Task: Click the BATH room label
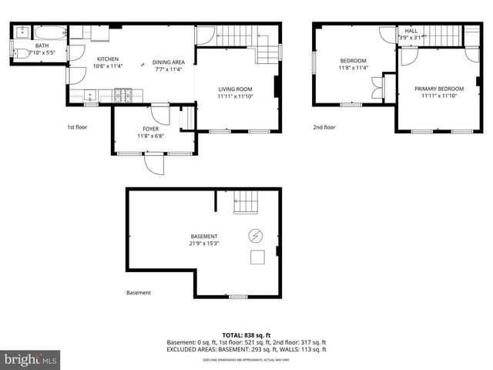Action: pyautogui.click(x=41, y=45)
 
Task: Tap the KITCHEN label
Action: pyautogui.click(x=108, y=59)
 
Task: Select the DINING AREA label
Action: pyautogui.click(x=168, y=62)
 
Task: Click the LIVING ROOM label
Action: pyautogui.click(x=235, y=89)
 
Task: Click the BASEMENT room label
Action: pyautogui.click(x=204, y=236)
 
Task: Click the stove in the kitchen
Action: pyautogui.click(x=124, y=96)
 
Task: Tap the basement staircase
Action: pyautogui.click(x=246, y=202)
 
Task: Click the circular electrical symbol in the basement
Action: pyautogui.click(x=255, y=235)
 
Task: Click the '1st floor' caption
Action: pyautogui.click(x=76, y=126)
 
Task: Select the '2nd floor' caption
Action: pyautogui.click(x=324, y=127)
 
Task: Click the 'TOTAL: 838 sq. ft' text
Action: pyautogui.click(x=246, y=335)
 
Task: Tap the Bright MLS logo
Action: pyautogui.click(x=31, y=359)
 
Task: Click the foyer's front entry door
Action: pyautogui.click(x=153, y=163)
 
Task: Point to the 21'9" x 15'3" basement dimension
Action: pyautogui.click(x=204, y=244)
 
